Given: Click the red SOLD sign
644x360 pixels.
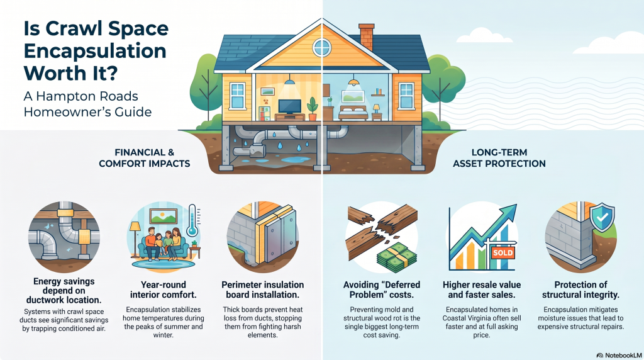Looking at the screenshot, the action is [x=502, y=252].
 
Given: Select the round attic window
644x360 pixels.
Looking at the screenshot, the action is [x=321, y=47].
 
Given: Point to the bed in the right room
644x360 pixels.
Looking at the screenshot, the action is [x=353, y=113].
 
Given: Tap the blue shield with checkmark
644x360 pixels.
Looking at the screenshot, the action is [x=602, y=217].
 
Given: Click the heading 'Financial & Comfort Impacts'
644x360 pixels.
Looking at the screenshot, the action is [x=145, y=158].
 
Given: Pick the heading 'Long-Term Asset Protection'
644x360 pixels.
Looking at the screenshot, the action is [x=499, y=158].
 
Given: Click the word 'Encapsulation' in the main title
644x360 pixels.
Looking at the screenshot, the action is [x=95, y=51].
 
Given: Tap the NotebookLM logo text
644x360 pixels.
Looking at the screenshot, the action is [x=619, y=355].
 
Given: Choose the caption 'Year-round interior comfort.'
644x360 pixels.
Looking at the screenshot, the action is [x=164, y=290].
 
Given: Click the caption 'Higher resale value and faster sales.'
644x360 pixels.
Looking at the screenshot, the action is [x=482, y=290].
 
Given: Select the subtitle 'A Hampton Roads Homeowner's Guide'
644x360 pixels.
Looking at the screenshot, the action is [x=87, y=104].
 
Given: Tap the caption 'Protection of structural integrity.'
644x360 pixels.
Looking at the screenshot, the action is [x=580, y=290].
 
